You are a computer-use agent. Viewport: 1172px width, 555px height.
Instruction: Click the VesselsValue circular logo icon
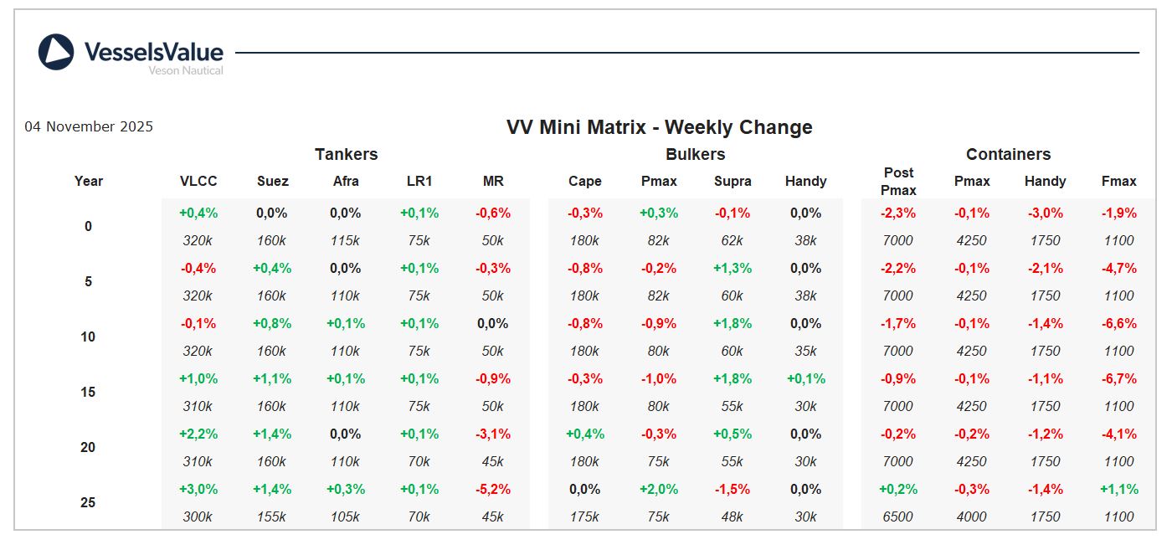click(56, 52)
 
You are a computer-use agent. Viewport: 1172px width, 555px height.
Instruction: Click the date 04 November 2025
click(89, 126)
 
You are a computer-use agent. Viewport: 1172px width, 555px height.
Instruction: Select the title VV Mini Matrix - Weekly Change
click(659, 127)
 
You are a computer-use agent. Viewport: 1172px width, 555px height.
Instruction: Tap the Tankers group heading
click(346, 154)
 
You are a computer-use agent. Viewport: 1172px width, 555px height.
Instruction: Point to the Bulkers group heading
click(695, 154)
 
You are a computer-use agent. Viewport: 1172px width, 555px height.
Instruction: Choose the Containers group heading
click(1008, 154)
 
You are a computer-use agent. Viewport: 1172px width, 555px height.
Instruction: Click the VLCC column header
click(198, 181)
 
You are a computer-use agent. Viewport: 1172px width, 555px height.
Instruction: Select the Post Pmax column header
click(898, 181)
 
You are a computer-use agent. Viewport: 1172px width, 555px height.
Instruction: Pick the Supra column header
click(732, 181)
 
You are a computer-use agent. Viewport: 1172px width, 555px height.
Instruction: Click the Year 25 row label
click(88, 502)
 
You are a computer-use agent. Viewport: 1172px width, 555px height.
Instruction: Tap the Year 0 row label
click(88, 226)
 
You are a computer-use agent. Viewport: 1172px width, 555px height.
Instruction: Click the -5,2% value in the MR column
click(493, 489)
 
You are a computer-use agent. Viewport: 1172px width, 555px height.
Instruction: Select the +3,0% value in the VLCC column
click(198, 489)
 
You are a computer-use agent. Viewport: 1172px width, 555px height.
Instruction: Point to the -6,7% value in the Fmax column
click(1118, 378)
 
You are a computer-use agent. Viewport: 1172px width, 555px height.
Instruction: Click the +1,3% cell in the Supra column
click(732, 268)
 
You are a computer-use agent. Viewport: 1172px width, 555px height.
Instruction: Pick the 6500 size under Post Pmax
click(898, 516)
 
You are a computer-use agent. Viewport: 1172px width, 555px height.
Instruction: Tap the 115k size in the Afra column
click(346, 240)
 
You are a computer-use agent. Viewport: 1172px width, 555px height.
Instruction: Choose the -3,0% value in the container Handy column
click(1046, 213)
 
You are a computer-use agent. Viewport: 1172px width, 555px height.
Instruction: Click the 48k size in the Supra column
click(732, 516)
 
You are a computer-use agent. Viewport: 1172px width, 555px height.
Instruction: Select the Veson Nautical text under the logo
click(186, 71)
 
